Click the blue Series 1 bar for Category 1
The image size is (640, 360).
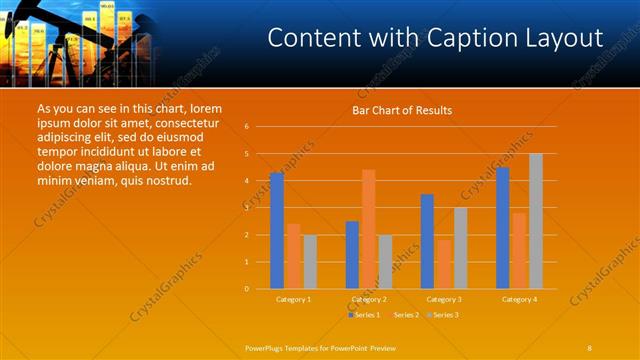tap(277, 231)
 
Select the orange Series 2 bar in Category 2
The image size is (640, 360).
tap(368, 229)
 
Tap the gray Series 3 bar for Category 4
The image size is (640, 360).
tap(536, 221)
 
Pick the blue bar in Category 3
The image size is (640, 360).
tap(427, 241)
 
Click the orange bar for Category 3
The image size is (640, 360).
tap(443, 264)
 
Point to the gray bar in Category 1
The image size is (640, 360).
tap(310, 262)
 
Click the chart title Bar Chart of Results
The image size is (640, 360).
tap(402, 110)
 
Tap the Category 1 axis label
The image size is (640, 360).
tap(293, 299)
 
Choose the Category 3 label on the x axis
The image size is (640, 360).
tap(443, 299)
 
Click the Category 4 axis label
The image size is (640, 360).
tap(519, 299)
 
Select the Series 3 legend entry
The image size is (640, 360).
tap(443, 315)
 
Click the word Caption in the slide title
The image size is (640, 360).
tap(439, 39)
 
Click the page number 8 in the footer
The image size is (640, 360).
tap(589, 347)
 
